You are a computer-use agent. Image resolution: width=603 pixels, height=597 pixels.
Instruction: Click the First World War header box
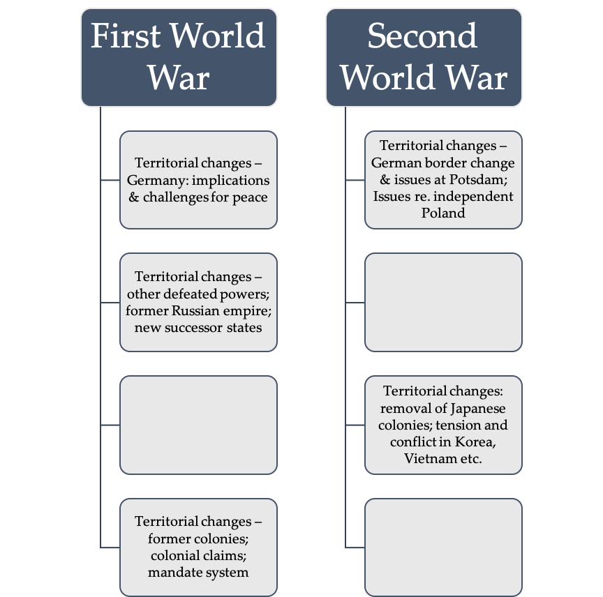[x=179, y=57]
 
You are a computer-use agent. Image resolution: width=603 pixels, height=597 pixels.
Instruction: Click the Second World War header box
[x=424, y=57]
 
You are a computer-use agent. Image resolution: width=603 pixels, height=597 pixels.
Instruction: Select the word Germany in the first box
[x=153, y=180]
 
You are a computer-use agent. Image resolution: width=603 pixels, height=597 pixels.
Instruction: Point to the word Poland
[x=443, y=213]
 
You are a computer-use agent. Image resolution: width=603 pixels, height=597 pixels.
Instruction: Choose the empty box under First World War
[x=198, y=424]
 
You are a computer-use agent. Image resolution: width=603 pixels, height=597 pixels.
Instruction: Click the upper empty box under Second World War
[x=443, y=302]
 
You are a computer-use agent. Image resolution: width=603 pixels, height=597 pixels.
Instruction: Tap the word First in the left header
[x=131, y=36]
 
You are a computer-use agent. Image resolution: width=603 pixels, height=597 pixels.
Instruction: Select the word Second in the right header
[x=422, y=36]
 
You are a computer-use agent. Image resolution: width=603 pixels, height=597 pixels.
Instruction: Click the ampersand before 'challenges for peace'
[x=134, y=197]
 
